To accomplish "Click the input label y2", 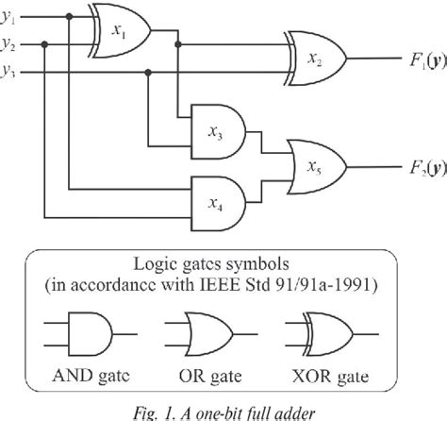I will click(9, 44).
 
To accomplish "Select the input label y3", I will click(9, 70).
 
